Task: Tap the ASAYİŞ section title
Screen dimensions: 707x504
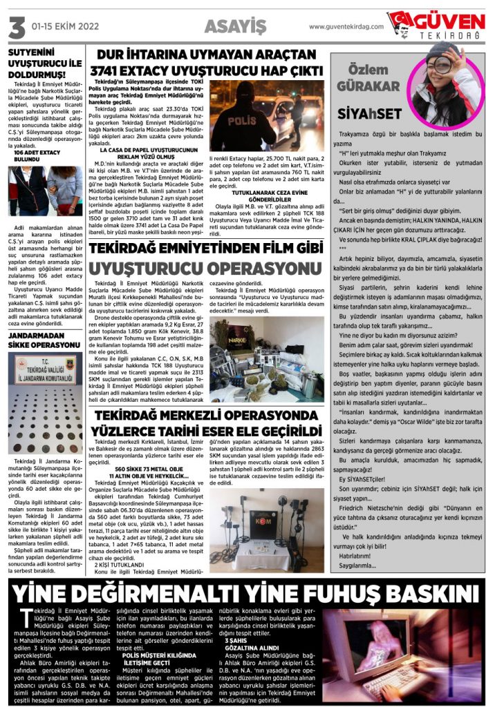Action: click(235, 27)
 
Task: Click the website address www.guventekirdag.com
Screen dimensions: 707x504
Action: click(346, 27)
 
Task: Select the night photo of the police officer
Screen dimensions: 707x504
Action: click(266, 116)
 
